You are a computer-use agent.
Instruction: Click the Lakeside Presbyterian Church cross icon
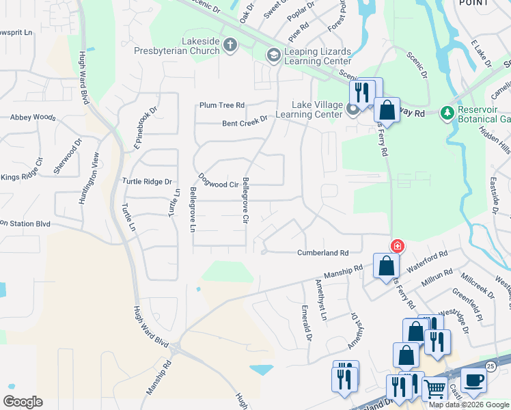point(230,46)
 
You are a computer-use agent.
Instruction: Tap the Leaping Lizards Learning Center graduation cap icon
point(273,55)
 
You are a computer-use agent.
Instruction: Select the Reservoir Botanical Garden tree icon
point(447,111)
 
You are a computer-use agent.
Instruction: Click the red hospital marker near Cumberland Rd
point(396,245)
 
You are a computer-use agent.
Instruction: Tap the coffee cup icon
point(473,379)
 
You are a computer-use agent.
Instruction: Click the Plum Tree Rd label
point(221,105)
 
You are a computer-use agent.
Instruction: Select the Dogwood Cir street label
point(218,180)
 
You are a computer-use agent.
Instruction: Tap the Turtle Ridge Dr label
point(146,182)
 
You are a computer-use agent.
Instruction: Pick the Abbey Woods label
point(32,118)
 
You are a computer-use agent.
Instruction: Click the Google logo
point(23,402)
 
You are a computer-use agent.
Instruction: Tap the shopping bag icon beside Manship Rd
point(385,265)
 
